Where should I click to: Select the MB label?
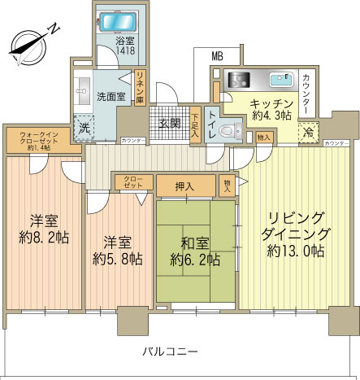pos(217,56)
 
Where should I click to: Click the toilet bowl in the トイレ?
pos(231,128)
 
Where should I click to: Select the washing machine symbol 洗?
pos(83,127)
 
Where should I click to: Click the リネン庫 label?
pos(139,87)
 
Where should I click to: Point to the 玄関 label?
pos(169,123)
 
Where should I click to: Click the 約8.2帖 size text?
pos(43,239)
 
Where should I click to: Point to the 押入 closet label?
pos(184,186)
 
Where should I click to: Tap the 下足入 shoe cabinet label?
pos(195,122)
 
